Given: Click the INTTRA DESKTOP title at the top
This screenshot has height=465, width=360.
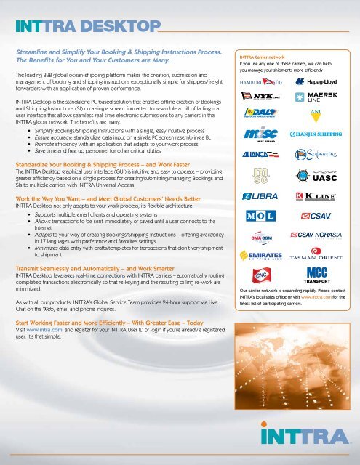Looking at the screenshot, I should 84,28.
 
